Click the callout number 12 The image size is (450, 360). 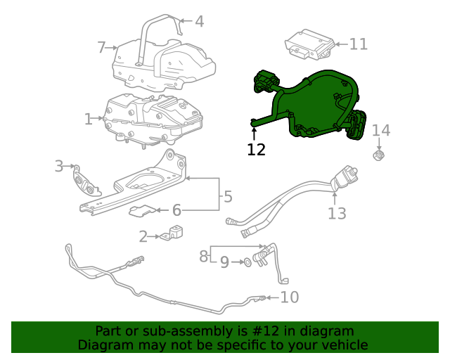point(257,149)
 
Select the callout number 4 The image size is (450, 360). point(200,22)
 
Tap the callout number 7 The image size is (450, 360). point(102,47)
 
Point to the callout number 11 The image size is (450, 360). point(359,44)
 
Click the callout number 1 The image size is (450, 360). point(89,120)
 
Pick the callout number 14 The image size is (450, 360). point(380,130)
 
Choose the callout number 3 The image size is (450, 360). point(60,166)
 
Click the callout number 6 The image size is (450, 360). point(176,210)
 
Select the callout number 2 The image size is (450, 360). point(143,236)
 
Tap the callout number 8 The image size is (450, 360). point(203,256)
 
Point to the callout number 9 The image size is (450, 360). point(224,262)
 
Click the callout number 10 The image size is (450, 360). point(289,297)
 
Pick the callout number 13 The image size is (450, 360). point(337,212)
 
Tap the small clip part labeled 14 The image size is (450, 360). point(380,154)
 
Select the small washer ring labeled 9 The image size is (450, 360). point(247,262)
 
